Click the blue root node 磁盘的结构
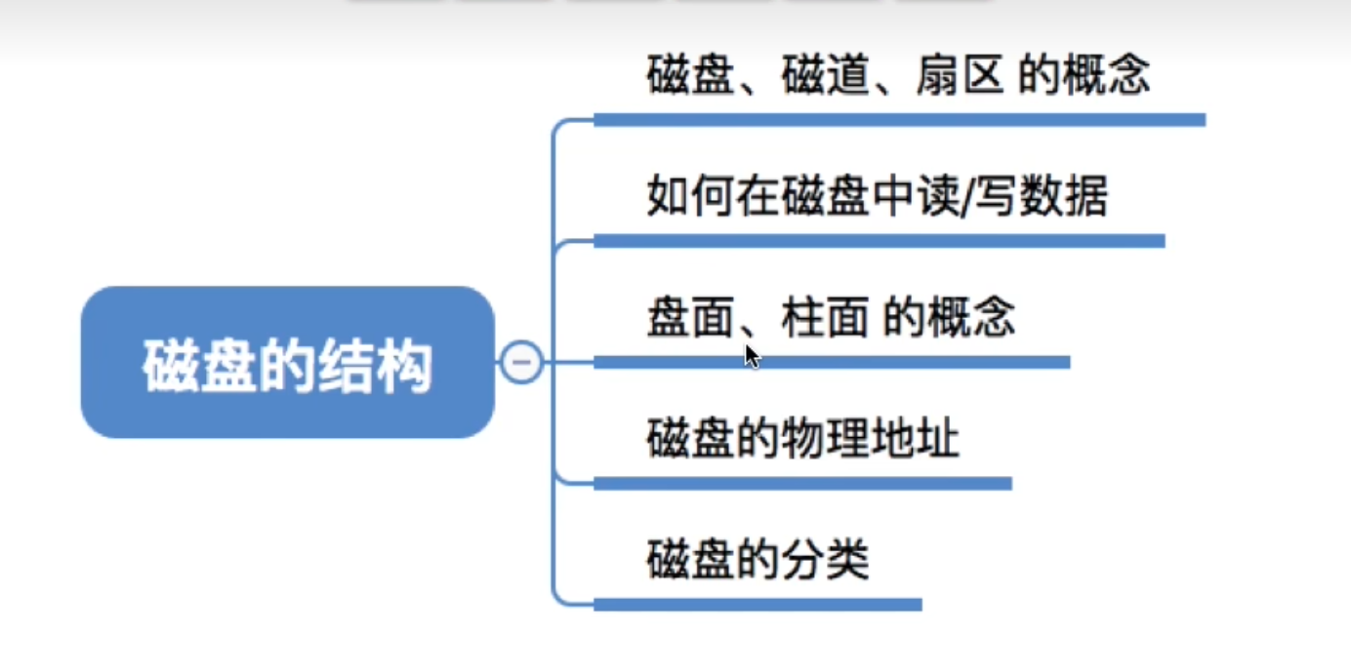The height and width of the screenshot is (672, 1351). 287,363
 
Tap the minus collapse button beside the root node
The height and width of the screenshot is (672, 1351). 522,363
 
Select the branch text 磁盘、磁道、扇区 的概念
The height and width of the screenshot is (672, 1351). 898,76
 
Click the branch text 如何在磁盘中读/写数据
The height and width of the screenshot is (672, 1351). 877,198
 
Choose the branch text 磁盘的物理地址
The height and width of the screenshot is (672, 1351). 802,440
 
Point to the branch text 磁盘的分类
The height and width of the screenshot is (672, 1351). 757,561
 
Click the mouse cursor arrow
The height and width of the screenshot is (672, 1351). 751,354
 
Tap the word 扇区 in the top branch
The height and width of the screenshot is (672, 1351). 961,76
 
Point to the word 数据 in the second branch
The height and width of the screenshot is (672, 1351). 1064,198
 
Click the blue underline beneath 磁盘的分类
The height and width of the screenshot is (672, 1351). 757,605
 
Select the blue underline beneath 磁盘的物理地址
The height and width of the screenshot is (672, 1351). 802,483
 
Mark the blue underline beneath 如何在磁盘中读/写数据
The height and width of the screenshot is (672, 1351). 879,241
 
